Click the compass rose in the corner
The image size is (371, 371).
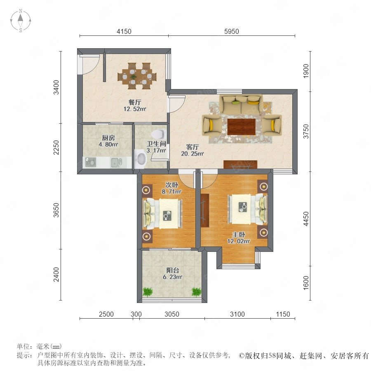(21, 21)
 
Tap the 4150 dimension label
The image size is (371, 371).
(124, 31)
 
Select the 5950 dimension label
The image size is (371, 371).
(231, 31)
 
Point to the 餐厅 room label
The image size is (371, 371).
(135, 102)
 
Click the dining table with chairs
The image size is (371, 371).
(137, 76)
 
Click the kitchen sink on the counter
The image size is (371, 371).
(116, 162)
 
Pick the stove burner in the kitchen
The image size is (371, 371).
(91, 162)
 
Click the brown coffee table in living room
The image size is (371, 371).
(241, 127)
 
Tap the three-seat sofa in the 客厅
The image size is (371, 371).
(241, 105)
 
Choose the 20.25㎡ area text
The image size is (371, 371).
(193, 154)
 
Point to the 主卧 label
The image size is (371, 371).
(239, 235)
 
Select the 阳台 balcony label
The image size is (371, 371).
(172, 270)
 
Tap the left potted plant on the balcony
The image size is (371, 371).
(148, 291)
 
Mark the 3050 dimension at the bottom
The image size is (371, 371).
(172, 314)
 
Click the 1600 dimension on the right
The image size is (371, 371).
(306, 282)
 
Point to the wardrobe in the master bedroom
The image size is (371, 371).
(204, 210)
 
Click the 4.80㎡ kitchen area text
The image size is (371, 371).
(108, 144)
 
